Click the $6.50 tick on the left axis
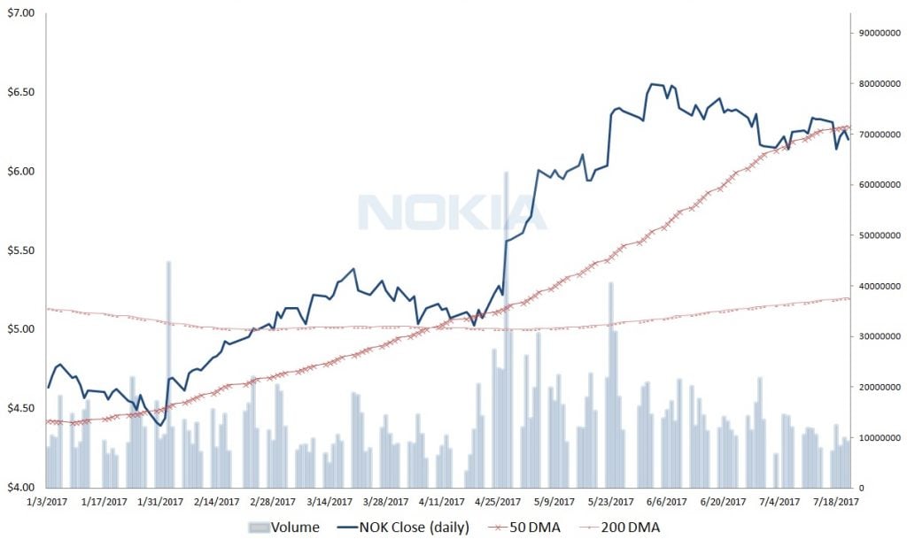(20, 92)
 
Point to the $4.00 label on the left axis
(20, 487)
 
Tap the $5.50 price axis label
(20, 250)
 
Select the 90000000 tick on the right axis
(878, 34)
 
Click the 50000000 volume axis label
(878, 235)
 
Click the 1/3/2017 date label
(47, 502)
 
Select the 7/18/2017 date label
(836, 502)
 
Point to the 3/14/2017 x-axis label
(331, 502)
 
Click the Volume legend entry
(285, 528)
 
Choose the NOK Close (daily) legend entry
(404, 528)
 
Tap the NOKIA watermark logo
(440, 212)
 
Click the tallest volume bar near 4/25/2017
(507, 327)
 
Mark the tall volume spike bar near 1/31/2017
(168, 372)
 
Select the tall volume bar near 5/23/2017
(611, 381)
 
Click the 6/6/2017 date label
(667, 502)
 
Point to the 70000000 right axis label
(878, 135)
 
